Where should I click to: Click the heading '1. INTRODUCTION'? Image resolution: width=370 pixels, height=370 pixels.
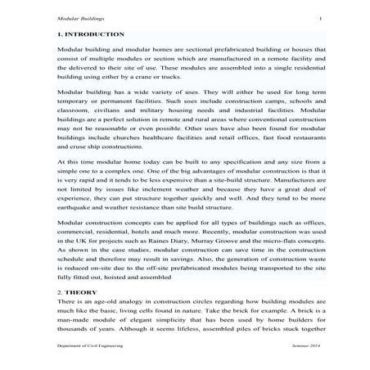click(92, 35)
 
